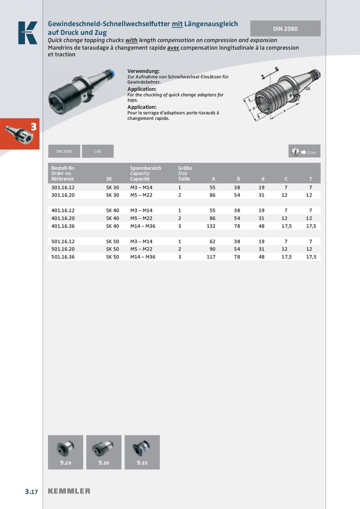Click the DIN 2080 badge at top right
(x=285, y=28)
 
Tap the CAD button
(x=98, y=152)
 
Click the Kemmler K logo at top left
(x=28, y=33)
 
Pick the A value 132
(x=211, y=226)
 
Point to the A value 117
(x=211, y=257)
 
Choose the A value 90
(x=212, y=249)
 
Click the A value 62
(x=212, y=241)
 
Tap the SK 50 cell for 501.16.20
(x=112, y=249)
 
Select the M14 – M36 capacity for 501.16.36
(x=143, y=257)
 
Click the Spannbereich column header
(x=145, y=168)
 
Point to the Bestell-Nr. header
(x=63, y=168)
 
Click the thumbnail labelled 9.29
(x=66, y=452)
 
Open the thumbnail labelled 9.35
(x=142, y=452)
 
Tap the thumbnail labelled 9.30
(x=104, y=452)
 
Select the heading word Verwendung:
(x=144, y=71)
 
